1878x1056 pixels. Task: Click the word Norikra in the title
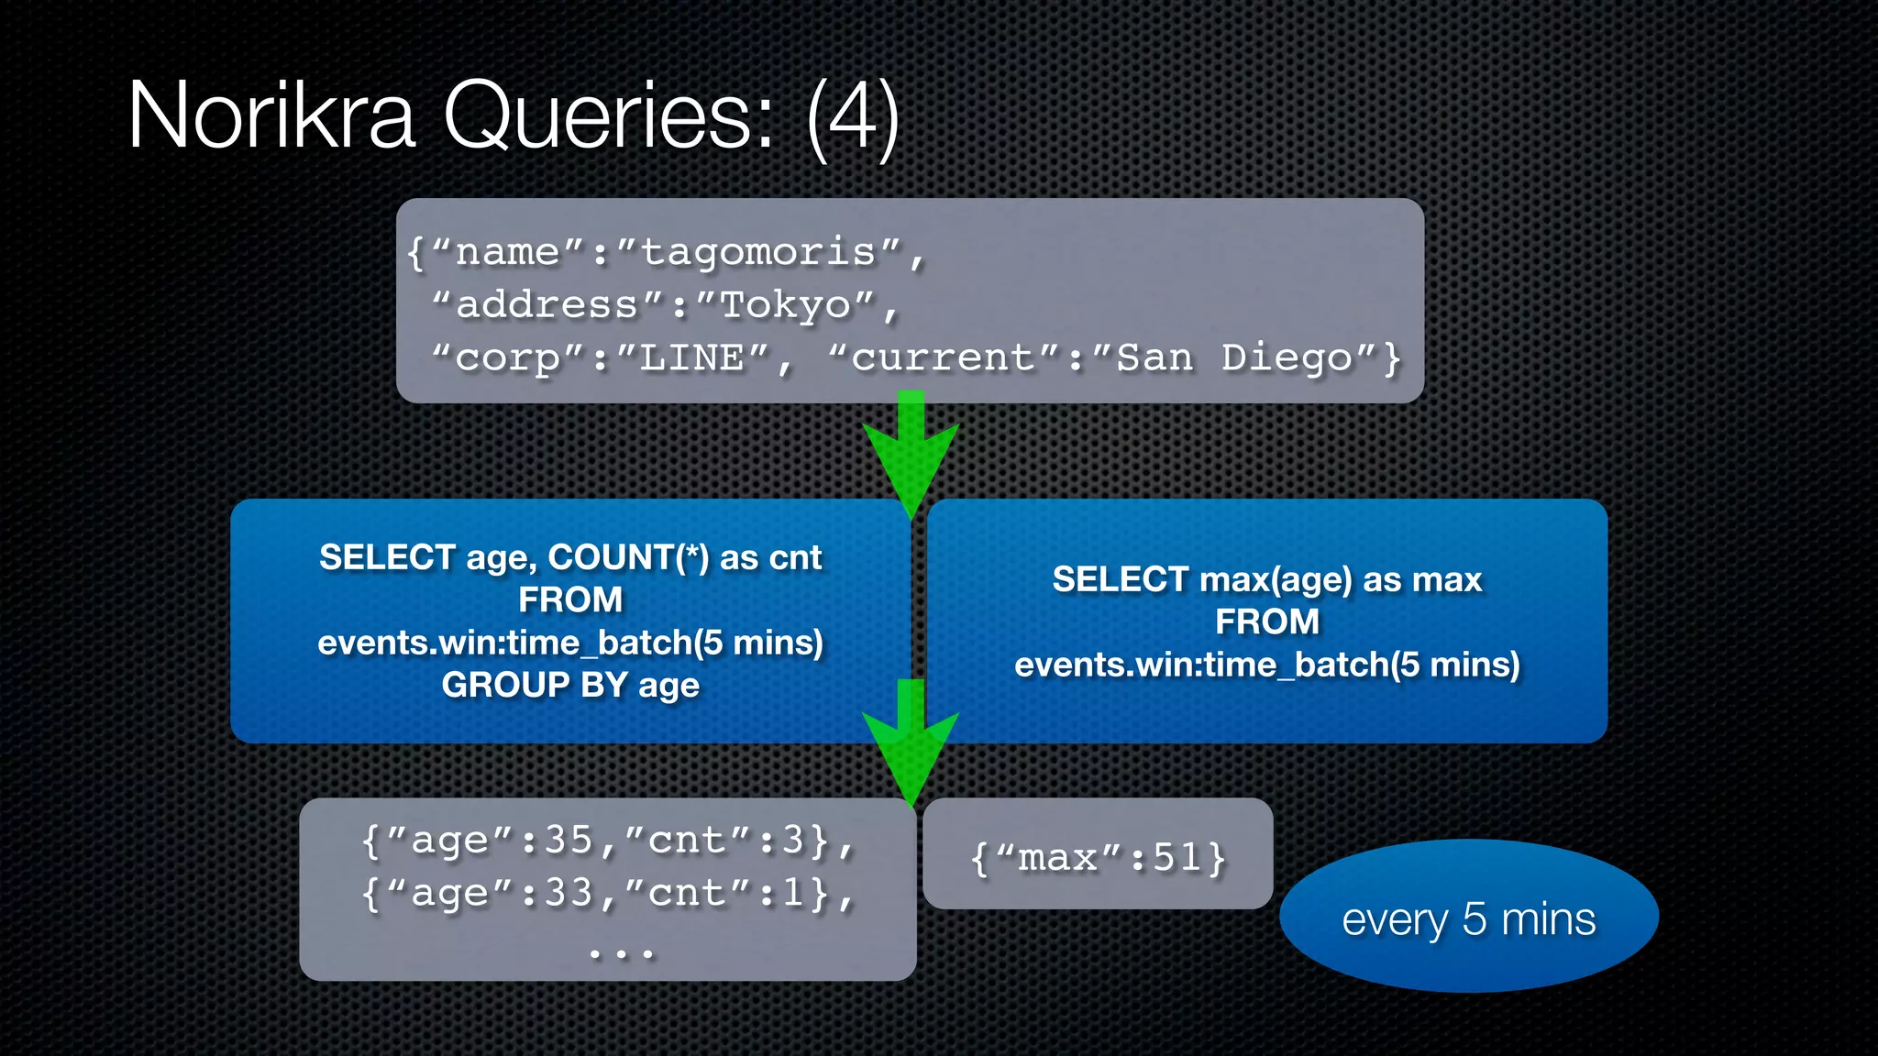(271, 115)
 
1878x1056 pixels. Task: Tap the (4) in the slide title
(852, 115)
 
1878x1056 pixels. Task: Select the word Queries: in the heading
(610, 117)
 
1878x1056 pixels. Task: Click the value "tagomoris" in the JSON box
(758, 252)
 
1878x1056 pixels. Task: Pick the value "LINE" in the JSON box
(692, 357)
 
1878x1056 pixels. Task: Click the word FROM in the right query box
(1267, 621)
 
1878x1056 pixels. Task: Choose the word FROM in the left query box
(570, 599)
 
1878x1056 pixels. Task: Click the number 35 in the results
(569, 840)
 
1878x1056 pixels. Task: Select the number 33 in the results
(569, 893)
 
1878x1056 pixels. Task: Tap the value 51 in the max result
(1177, 858)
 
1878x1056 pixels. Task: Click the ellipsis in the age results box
(622, 953)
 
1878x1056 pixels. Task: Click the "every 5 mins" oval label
(1468, 918)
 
